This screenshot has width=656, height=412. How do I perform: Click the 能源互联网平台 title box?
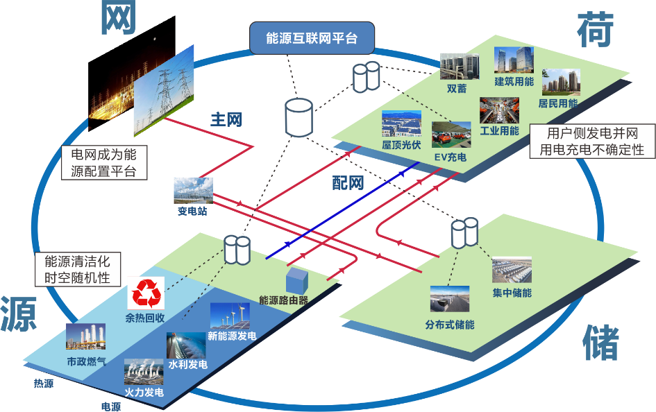tap(312, 38)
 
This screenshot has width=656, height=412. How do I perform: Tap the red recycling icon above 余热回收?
tap(146, 293)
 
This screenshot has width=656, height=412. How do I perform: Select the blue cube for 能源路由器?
tap(296, 281)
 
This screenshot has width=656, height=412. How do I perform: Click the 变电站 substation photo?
tap(193, 191)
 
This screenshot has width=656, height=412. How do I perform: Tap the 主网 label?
tap(226, 119)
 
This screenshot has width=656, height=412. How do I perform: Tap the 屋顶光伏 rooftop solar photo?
tap(401, 124)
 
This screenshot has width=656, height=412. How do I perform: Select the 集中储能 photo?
tap(512, 271)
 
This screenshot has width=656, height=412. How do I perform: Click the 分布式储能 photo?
tap(449, 300)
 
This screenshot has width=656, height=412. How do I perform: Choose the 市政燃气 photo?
tap(85, 338)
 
